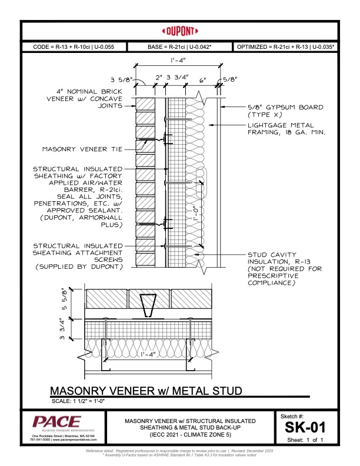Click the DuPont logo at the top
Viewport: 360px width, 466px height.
(x=180, y=31)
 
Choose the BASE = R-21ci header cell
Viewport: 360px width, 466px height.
(x=179, y=46)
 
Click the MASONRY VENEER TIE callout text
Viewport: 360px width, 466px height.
(x=82, y=149)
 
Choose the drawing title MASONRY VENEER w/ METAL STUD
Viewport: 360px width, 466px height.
(x=146, y=391)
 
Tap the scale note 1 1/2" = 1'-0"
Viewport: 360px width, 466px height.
(x=85, y=401)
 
